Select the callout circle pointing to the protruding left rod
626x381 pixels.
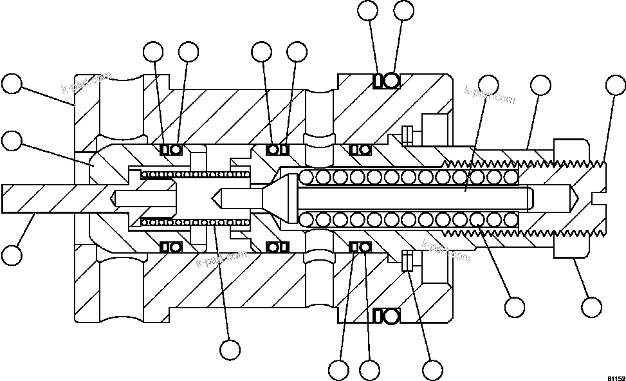(12, 255)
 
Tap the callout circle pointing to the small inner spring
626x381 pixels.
(230, 349)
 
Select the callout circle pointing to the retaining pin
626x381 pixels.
(432, 369)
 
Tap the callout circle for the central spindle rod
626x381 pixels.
(488, 85)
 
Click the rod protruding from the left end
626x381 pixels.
(39, 198)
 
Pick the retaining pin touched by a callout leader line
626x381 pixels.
(406, 262)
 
